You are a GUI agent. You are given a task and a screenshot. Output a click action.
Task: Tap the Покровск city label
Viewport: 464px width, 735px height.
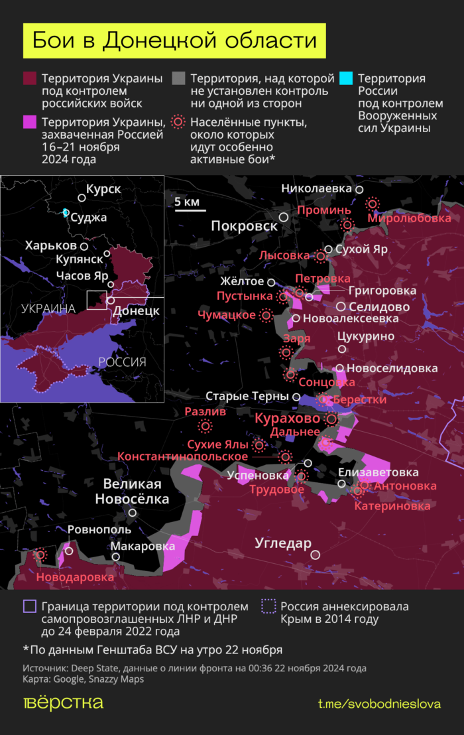244,226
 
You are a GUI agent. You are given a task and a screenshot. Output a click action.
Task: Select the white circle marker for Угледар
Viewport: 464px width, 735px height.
316,555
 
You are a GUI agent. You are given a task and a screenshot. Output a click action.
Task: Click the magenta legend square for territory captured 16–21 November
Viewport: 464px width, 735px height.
29,122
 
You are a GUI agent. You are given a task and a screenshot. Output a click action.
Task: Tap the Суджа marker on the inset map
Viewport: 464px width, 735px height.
66,212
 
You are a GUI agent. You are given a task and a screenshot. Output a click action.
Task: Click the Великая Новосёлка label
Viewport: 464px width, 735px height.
131,491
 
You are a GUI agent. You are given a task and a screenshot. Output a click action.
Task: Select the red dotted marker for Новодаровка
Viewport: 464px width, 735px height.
41,554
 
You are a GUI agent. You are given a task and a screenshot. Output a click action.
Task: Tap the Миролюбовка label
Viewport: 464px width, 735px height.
409,218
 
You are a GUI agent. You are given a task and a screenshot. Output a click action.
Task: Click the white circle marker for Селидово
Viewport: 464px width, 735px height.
341,306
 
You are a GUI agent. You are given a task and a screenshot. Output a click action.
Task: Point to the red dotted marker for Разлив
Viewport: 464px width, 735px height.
205,426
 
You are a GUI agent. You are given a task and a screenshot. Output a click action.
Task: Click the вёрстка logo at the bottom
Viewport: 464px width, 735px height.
63,703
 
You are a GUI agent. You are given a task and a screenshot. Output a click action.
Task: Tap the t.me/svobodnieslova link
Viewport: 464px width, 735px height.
379,704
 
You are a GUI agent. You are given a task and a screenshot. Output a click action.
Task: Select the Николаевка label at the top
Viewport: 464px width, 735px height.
316,188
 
